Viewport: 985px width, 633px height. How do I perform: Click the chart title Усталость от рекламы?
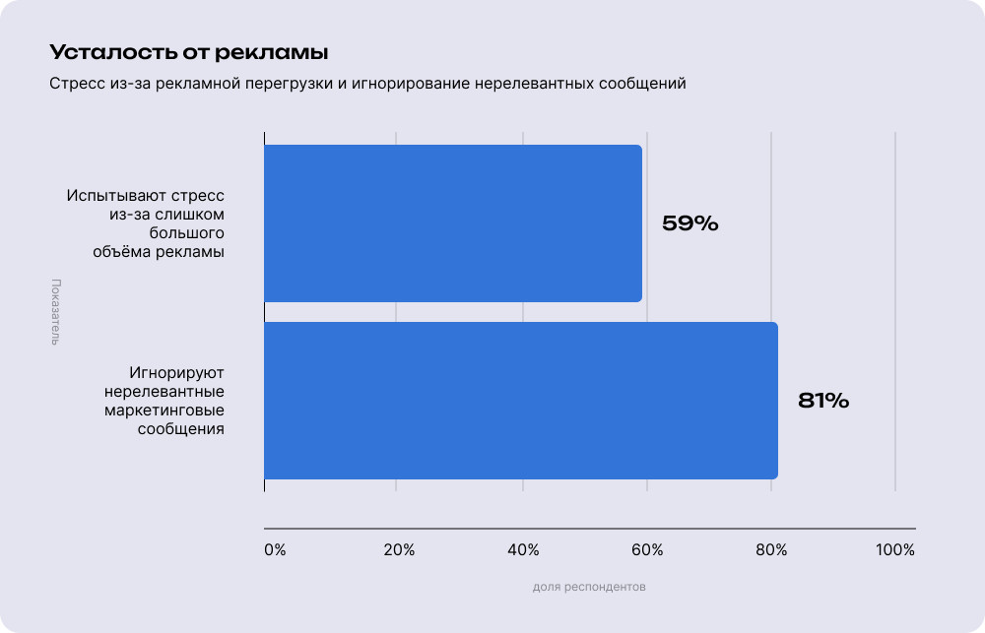tap(188, 51)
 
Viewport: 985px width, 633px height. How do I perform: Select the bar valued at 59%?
tap(453, 223)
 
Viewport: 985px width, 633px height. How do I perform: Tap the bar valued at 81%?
tap(521, 401)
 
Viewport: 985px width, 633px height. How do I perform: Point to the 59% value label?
tap(689, 223)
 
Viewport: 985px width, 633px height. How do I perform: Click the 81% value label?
tap(823, 401)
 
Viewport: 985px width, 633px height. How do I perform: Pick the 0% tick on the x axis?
tap(275, 550)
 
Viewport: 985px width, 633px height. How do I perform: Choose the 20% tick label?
tap(398, 550)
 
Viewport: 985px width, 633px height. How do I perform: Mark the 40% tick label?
tap(523, 550)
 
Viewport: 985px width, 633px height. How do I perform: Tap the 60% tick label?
tap(646, 550)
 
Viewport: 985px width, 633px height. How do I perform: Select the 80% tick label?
tap(771, 550)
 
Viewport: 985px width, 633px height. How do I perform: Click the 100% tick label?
tap(894, 550)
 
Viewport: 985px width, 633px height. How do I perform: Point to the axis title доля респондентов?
tap(589, 587)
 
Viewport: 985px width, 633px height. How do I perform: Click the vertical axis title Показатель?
tap(55, 312)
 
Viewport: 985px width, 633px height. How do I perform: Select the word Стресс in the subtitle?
tap(74, 84)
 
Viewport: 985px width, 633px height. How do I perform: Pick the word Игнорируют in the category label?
tap(177, 373)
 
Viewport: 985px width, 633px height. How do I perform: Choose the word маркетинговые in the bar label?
tap(164, 411)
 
